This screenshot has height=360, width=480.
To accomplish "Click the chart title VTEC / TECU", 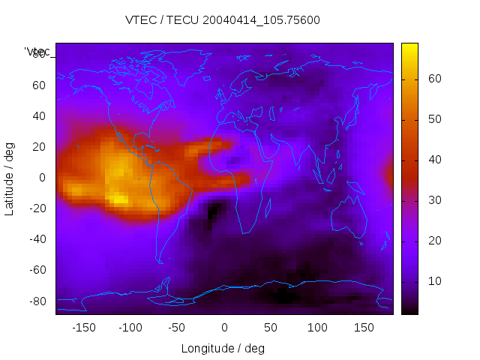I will click(223, 20).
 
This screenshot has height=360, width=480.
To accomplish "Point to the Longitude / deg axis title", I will click(223, 349).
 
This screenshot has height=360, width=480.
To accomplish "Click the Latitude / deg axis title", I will click(10, 177).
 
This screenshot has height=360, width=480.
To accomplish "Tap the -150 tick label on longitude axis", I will click(84, 328).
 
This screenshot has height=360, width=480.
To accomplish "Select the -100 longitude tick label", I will click(130, 328).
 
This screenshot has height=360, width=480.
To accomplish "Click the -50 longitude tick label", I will click(178, 328).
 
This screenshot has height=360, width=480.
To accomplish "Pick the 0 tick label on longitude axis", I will click(224, 328).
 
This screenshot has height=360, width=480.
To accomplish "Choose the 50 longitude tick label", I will click(271, 328).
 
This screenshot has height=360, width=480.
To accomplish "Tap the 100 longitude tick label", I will click(317, 328).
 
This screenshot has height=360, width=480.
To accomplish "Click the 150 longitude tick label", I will click(364, 328).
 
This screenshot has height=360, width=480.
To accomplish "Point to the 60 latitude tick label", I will click(39, 85).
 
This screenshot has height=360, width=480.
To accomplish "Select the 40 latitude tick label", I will click(39, 115).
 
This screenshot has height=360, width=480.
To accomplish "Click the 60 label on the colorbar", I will click(433, 79).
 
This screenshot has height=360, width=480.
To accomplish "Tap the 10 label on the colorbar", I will click(433, 280).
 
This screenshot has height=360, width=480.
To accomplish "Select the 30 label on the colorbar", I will click(433, 199).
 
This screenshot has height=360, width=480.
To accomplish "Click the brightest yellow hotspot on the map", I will click(118, 199).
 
